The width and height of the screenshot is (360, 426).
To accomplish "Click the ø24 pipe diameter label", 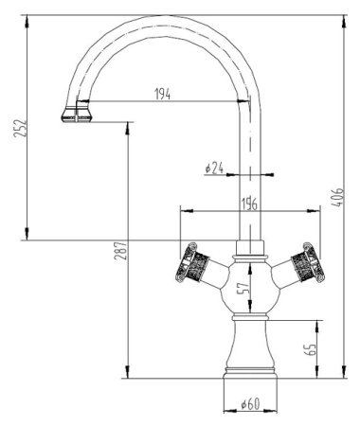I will [214, 169].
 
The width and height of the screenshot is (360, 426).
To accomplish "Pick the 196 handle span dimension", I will [248, 200].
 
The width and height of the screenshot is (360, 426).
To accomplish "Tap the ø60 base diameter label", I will [248, 404].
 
